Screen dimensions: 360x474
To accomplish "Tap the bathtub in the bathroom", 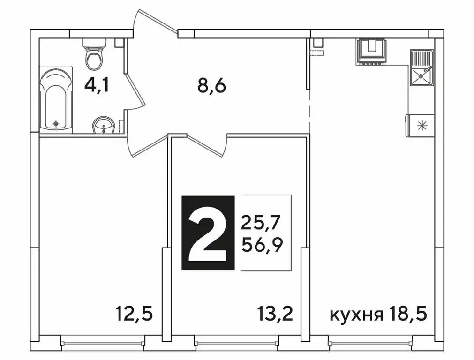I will point(56,98).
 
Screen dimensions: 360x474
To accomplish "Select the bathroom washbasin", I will point(104,126).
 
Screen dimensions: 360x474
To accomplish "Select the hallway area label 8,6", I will point(211,86).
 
